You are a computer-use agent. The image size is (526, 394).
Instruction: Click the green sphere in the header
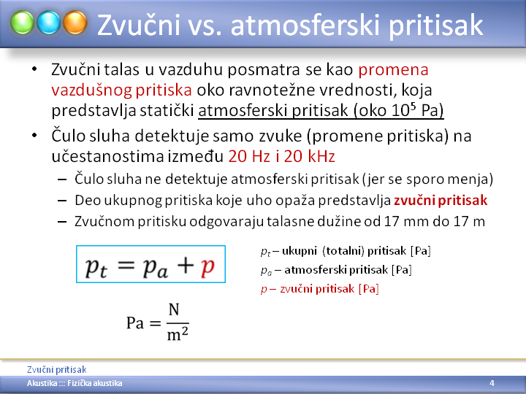click(x=22, y=23)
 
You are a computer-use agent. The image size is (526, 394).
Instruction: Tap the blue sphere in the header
click(x=49, y=23)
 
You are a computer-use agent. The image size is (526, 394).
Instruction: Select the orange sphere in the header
click(x=75, y=23)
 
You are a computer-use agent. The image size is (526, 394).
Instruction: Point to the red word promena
click(x=393, y=70)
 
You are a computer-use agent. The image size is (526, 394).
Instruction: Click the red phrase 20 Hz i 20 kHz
click(x=282, y=156)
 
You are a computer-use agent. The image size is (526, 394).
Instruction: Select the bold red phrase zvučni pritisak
click(x=441, y=200)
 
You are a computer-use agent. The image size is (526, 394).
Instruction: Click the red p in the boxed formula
click(x=207, y=267)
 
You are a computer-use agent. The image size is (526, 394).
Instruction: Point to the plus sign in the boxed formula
click(x=186, y=265)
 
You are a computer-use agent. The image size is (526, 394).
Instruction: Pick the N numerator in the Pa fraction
click(x=174, y=310)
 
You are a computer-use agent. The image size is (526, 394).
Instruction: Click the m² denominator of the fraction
click(x=178, y=333)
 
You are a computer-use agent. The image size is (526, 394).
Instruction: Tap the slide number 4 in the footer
click(x=492, y=383)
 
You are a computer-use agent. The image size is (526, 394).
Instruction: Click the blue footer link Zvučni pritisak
click(x=57, y=369)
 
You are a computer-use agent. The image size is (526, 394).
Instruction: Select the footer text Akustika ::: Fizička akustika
click(x=75, y=383)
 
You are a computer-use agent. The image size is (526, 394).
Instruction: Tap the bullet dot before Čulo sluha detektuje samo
click(x=34, y=136)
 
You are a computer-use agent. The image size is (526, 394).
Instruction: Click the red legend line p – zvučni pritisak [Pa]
click(x=320, y=289)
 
